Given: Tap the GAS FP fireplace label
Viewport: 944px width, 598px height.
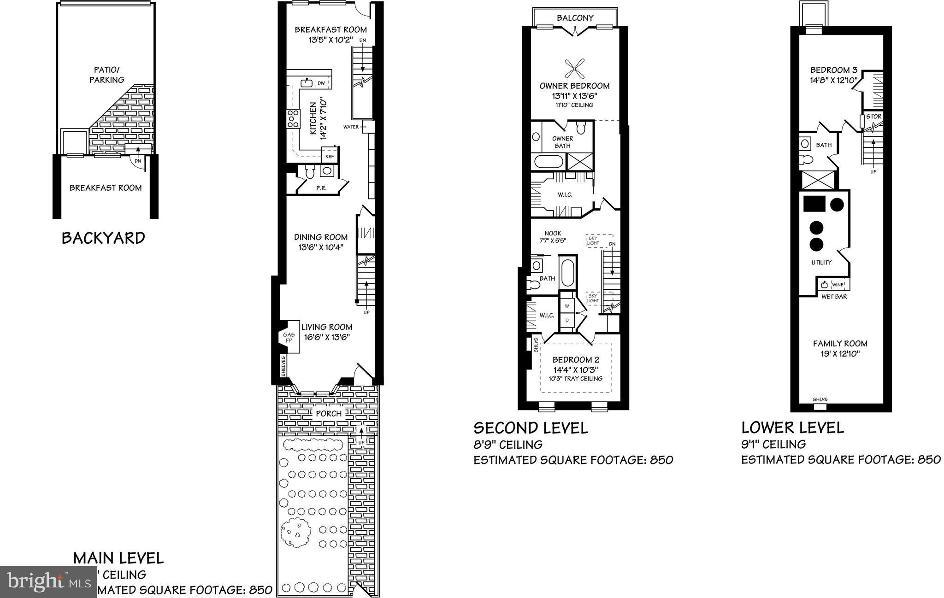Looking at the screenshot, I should click(x=289, y=337).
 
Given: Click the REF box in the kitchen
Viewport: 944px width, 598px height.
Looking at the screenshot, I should click(x=330, y=156).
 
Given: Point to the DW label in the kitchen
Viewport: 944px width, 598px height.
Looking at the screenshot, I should click(x=321, y=83).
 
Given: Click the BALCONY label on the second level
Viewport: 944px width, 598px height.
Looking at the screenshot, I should click(x=575, y=18).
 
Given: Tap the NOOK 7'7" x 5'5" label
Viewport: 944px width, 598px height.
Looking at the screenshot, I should click(x=552, y=237).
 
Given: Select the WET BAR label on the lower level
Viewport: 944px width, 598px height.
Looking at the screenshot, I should click(x=834, y=297).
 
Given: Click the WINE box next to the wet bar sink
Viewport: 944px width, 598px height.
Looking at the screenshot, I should click(x=838, y=285).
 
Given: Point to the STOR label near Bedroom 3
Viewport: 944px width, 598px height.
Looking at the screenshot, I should click(x=873, y=117).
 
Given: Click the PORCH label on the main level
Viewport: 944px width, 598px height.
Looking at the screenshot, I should click(x=329, y=413).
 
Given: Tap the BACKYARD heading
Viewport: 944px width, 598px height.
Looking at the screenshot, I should click(x=103, y=238).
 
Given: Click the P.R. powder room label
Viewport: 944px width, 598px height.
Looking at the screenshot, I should click(x=321, y=188).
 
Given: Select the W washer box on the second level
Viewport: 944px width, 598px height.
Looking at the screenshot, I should click(x=567, y=306).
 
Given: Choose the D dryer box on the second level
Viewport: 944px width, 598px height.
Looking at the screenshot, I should click(x=567, y=320).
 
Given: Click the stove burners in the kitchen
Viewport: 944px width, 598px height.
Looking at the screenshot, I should click(x=293, y=118).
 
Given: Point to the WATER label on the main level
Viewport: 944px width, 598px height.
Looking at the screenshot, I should click(x=351, y=127).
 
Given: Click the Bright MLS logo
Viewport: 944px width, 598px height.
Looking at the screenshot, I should click(x=48, y=581).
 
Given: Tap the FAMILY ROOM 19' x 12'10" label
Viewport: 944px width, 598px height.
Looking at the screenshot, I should click(x=840, y=348).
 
